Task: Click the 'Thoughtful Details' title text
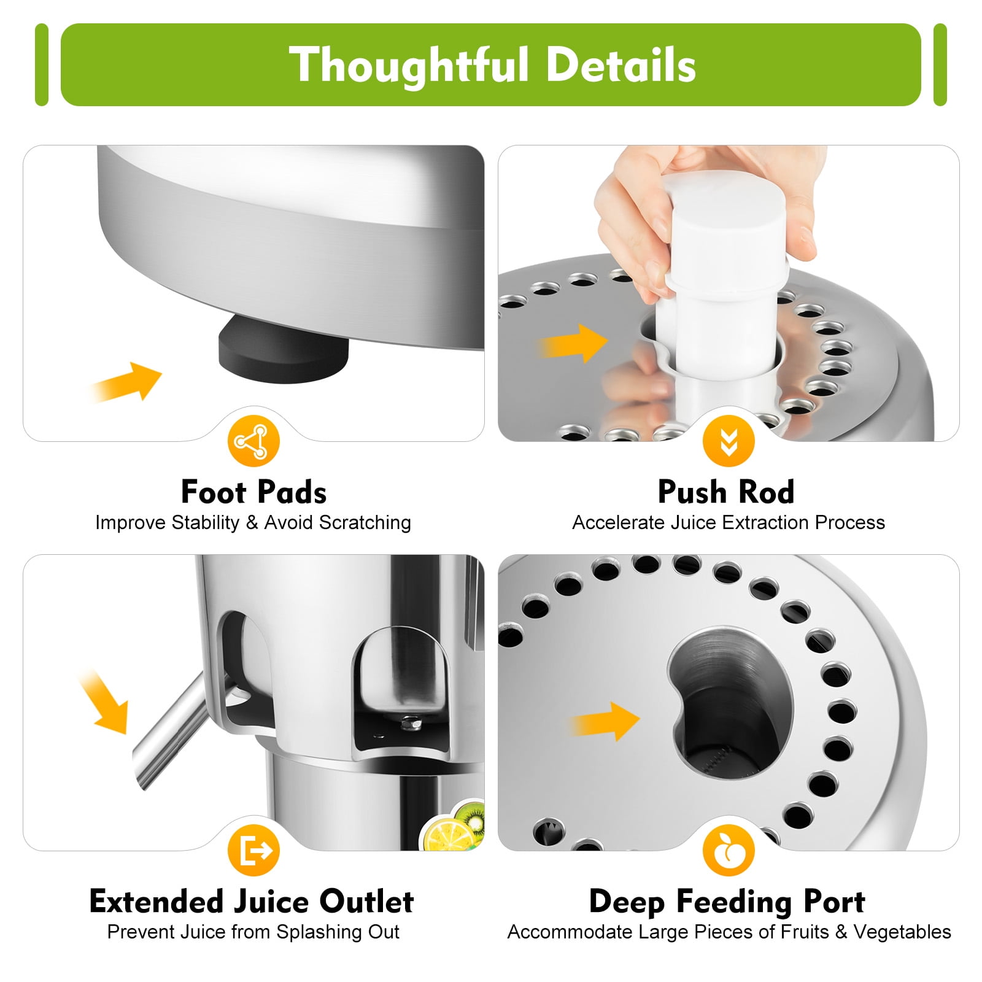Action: pyautogui.click(x=492, y=65)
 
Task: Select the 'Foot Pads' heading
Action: pyautogui.click(x=253, y=492)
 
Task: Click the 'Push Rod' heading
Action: pyautogui.click(x=726, y=492)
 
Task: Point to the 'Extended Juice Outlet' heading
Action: pyautogui.click(x=252, y=901)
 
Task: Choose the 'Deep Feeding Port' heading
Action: pyautogui.click(x=727, y=902)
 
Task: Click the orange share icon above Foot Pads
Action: pyautogui.click(x=253, y=441)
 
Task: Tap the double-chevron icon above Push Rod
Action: pyautogui.click(x=729, y=441)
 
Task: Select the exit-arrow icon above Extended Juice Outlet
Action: pyautogui.click(x=253, y=851)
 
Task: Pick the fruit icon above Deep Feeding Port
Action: pyautogui.click(x=729, y=851)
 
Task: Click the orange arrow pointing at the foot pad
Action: pyautogui.click(x=126, y=382)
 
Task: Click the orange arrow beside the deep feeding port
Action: pyautogui.click(x=605, y=721)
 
